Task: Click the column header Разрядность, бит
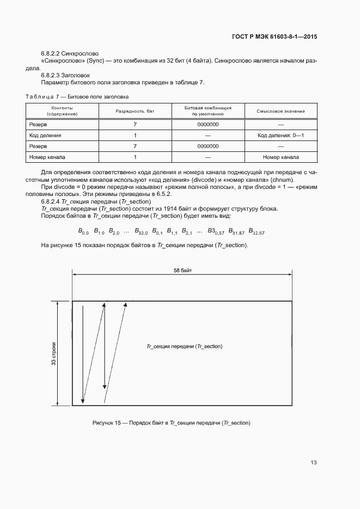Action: [135, 111]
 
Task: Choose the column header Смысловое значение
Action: [280, 111]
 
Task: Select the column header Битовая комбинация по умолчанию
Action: [208, 111]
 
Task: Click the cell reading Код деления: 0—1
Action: [280, 135]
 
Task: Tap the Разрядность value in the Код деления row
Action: [135, 135]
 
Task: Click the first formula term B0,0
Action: [83, 231]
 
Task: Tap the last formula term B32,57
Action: [257, 231]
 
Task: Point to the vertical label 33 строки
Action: [54, 354]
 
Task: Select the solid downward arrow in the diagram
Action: [82, 354]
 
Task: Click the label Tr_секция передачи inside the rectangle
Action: [185, 346]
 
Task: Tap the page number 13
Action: [314, 463]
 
